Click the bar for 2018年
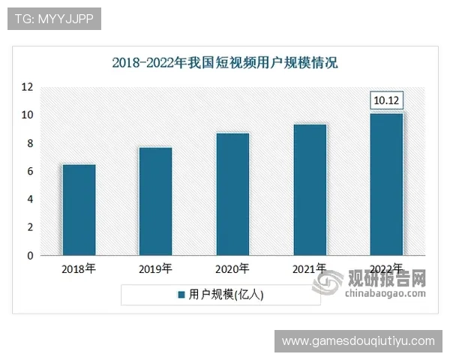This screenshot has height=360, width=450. pos(79,210)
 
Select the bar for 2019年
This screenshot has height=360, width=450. pos(155,201)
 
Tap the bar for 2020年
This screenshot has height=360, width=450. pos(232,194)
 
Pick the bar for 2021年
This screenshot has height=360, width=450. pos(310,190)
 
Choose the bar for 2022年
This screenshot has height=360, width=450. pos(387,184)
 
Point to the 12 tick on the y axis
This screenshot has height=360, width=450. pos(27,87)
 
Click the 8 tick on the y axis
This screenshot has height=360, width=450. pos(30,143)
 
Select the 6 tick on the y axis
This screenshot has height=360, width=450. pos(30,172)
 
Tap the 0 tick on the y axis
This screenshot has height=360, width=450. pos(30,256)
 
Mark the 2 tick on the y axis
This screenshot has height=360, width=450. pos(30,228)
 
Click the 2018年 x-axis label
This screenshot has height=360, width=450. pos(79,268)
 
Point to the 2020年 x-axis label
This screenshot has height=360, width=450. pos(232,268)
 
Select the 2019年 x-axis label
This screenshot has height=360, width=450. pos(155,268)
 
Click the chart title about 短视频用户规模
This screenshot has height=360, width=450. pos(225,62)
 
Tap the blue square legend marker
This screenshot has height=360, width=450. pos(181,295)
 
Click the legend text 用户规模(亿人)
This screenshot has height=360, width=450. pos(226,295)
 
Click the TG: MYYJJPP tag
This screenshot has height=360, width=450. pos(54,19)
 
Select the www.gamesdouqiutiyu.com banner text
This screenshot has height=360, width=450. pos(358,341)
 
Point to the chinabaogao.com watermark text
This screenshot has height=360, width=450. pos(385,293)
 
